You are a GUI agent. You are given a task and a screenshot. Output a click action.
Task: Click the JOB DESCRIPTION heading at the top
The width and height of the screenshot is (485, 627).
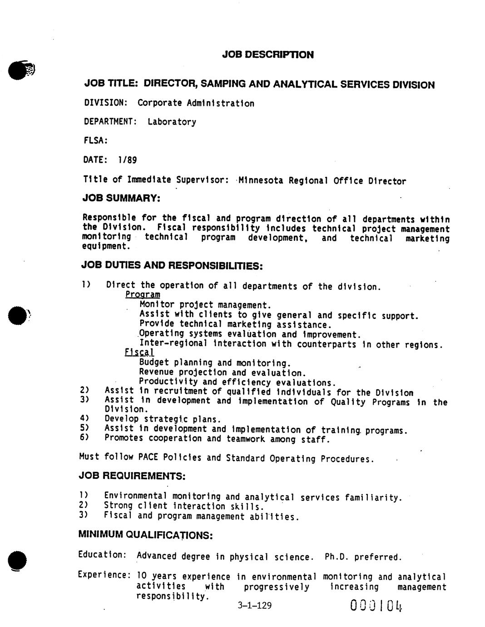click(267, 55)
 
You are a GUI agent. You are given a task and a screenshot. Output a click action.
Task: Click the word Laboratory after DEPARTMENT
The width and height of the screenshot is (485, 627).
click(172, 122)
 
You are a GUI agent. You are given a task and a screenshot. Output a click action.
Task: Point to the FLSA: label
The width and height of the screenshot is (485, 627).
click(95, 141)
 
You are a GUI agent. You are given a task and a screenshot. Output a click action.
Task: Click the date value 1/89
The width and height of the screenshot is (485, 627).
click(127, 160)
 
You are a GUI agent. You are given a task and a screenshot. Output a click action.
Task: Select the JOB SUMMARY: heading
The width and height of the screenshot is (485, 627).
click(121, 199)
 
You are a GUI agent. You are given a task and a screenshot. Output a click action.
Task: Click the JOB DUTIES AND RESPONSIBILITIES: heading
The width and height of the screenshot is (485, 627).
click(172, 265)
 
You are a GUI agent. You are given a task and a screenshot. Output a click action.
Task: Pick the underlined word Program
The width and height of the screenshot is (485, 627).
click(143, 295)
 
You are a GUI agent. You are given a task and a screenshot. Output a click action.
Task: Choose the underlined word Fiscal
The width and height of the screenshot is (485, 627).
click(139, 353)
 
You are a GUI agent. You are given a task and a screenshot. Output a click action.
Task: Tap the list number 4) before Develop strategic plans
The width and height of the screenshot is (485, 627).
click(84, 418)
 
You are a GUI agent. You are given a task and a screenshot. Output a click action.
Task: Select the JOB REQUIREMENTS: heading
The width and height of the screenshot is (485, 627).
click(132, 476)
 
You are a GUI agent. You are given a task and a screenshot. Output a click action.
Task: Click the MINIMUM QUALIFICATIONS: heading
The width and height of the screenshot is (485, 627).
click(145, 535)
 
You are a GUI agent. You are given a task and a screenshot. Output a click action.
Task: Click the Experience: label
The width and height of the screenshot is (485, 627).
click(104, 575)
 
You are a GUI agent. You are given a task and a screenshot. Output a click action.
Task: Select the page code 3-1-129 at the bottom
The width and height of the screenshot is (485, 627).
click(254, 605)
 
